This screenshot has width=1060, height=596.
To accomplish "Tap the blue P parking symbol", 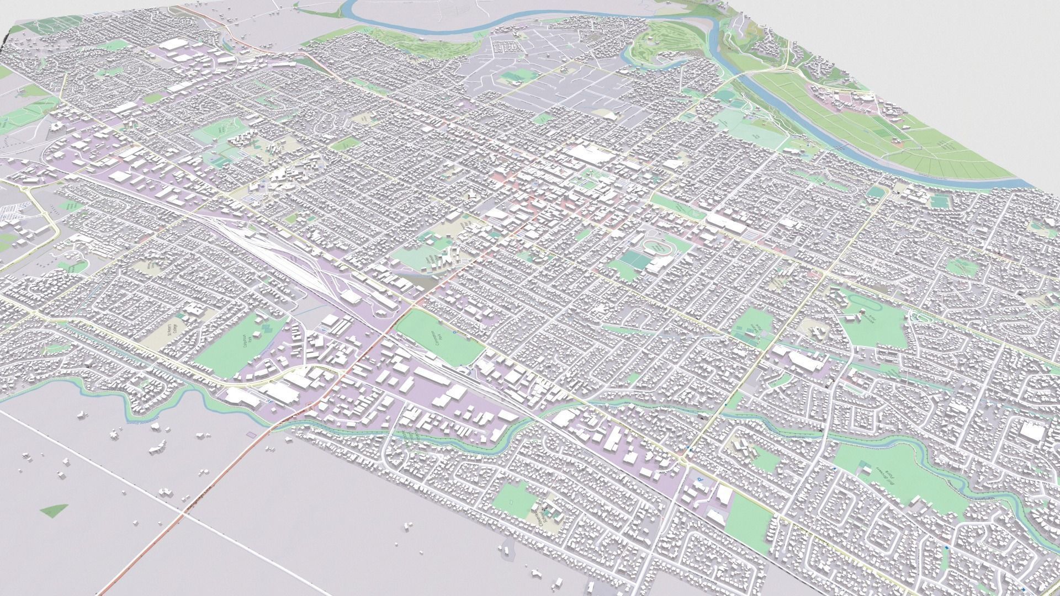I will pos(700,481).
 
